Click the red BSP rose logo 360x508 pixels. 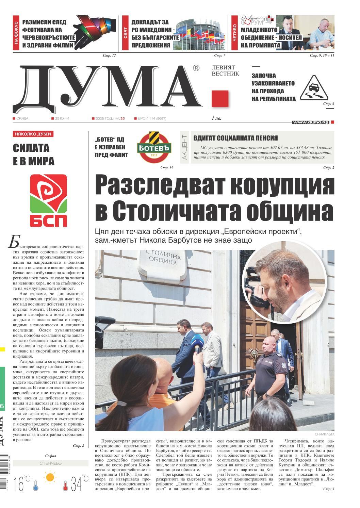tap(48, 201)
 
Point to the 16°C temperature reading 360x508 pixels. tap(22, 483)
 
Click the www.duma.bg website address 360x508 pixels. tap(310, 122)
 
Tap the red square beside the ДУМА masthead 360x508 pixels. tap(220, 99)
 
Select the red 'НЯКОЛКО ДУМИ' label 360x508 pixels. tap(33, 134)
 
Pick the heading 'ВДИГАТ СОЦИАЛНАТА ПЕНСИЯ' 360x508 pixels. tap(235, 138)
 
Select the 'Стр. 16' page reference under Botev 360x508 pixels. tap(167, 167)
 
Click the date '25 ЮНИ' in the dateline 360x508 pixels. tap(62, 118)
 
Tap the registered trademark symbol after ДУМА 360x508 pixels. tap(196, 68)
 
